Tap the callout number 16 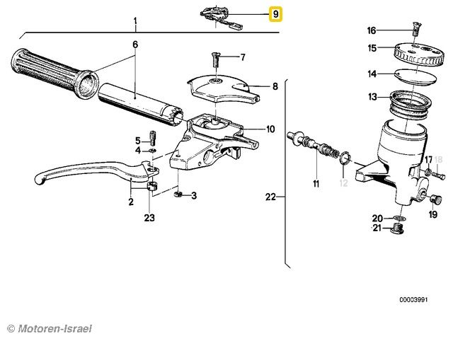pyautogui.click(x=372, y=30)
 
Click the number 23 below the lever pyautogui.click(x=149, y=218)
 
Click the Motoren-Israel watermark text pyautogui.click(x=50, y=329)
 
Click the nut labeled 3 pyautogui.click(x=178, y=194)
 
